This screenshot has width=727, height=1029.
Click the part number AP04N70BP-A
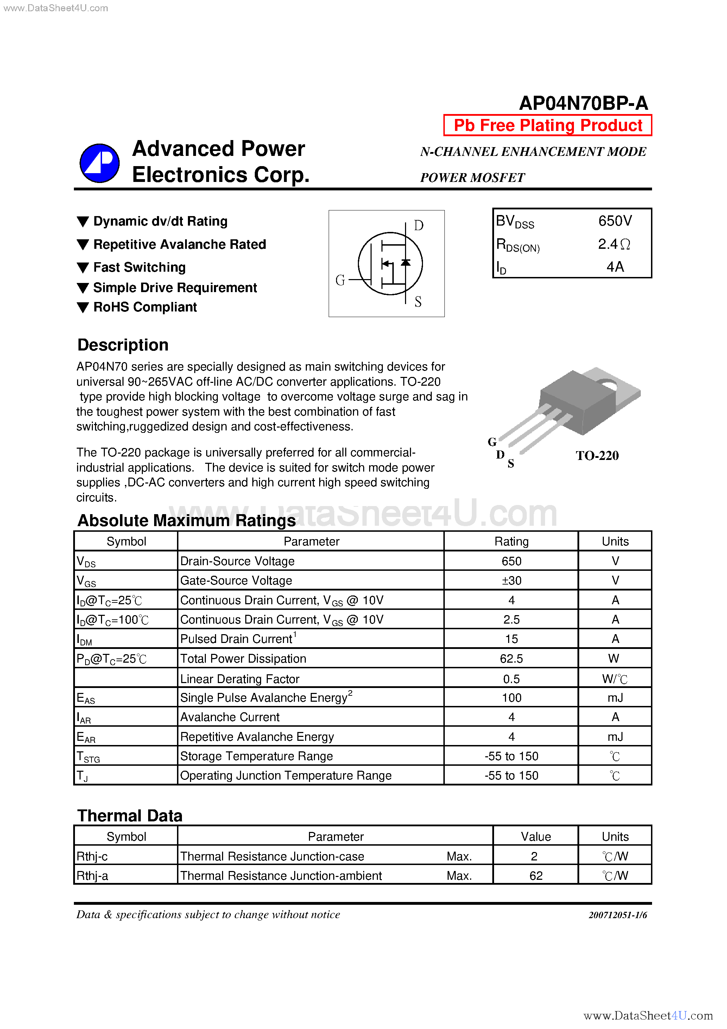[583, 103]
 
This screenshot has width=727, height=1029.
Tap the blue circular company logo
[100, 163]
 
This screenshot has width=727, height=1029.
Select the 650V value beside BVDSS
[615, 221]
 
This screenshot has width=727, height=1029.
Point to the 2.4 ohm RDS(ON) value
[614, 244]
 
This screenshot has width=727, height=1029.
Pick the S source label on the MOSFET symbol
[418, 302]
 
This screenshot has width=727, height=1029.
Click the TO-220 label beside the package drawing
[597, 456]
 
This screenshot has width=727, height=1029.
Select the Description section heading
[123, 345]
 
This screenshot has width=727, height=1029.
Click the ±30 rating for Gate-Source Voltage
[511, 581]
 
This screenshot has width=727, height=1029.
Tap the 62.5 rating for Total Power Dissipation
[511, 659]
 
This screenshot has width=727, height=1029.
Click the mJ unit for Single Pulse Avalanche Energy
[615, 698]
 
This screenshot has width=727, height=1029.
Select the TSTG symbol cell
[88, 757]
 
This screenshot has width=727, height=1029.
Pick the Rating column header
[511, 542]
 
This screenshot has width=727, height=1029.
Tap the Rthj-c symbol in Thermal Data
[92, 857]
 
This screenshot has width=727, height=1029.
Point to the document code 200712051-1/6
[618, 915]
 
